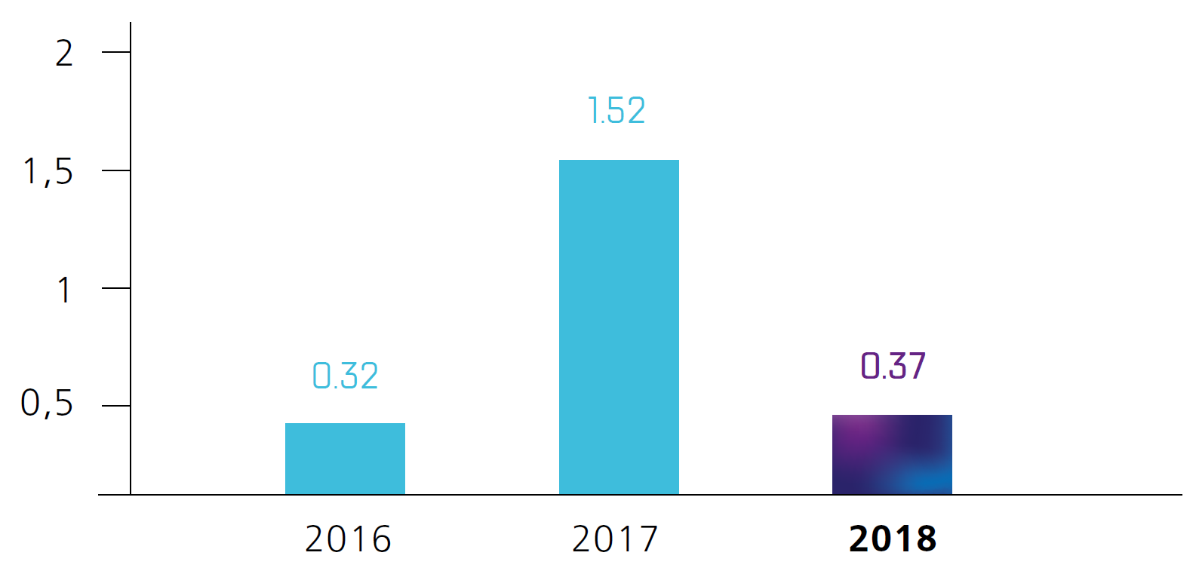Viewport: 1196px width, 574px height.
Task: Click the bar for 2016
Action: coord(345,459)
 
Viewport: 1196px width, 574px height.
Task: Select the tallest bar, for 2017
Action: coord(619,327)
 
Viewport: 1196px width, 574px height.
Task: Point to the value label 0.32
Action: coord(345,376)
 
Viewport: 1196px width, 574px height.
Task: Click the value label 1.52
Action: coord(616,111)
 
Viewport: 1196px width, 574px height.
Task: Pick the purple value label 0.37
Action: coord(893,366)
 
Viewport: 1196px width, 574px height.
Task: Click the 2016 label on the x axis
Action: coord(348,539)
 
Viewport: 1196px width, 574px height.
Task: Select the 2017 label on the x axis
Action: coord(615,539)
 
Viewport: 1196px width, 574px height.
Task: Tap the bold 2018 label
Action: coord(893,539)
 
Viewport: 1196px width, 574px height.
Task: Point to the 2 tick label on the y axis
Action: coord(64,54)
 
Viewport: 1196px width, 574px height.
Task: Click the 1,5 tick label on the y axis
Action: coord(48,172)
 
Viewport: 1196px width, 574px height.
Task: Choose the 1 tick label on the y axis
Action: coord(65,290)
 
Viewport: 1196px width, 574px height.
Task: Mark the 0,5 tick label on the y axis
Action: coord(47,404)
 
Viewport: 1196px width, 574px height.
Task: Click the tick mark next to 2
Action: coord(115,52)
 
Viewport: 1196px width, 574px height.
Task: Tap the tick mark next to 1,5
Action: coord(115,170)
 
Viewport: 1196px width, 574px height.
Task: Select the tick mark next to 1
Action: coord(115,288)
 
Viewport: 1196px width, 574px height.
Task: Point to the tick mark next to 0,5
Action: coord(115,406)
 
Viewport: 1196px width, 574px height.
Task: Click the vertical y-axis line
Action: coord(131,226)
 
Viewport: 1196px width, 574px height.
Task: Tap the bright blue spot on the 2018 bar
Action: coord(924,480)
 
